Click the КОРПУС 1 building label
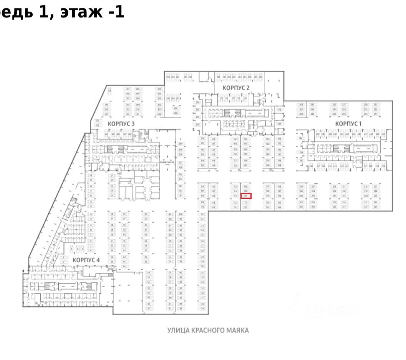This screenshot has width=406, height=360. [348, 124]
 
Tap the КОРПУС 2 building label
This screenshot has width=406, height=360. [236, 88]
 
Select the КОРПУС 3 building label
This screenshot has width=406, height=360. [121, 124]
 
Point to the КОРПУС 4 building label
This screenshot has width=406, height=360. [86, 260]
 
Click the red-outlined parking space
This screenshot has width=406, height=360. [246, 196]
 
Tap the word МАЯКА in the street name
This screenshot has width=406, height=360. [238, 330]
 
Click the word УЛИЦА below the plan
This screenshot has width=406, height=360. [177, 330]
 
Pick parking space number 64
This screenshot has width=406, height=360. [146, 214]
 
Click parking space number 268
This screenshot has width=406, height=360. [302, 104]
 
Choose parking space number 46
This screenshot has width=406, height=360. [124, 266]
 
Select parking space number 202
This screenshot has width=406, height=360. [302, 207]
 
